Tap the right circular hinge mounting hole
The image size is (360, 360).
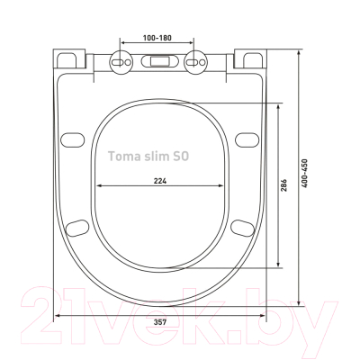(x=195, y=66)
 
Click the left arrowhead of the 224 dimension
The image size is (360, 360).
(x=97, y=186)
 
